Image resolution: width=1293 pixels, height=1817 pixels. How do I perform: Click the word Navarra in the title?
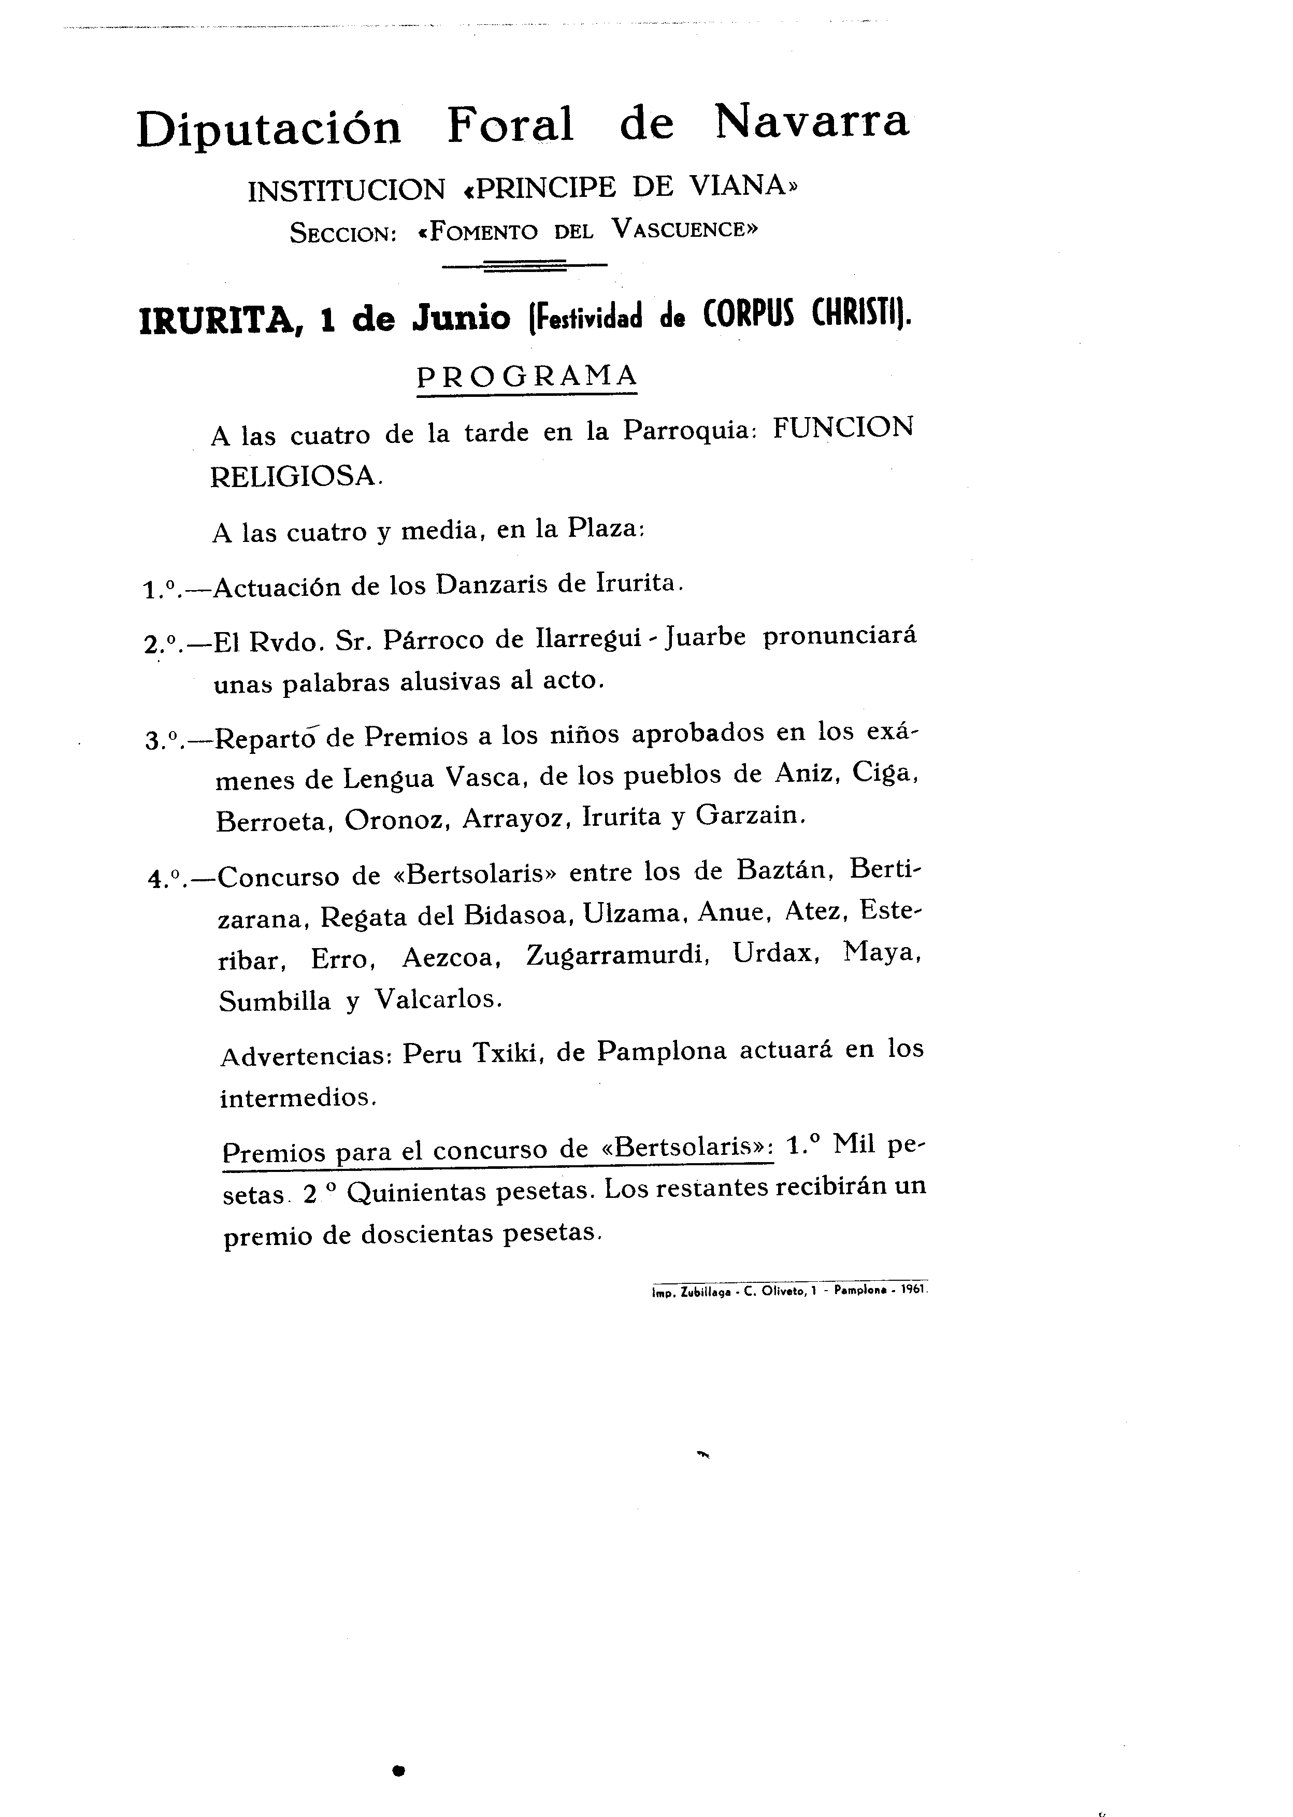click(x=811, y=123)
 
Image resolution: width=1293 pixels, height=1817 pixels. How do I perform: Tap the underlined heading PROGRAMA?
click(x=527, y=375)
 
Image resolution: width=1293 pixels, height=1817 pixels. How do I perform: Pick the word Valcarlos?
click(x=439, y=999)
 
